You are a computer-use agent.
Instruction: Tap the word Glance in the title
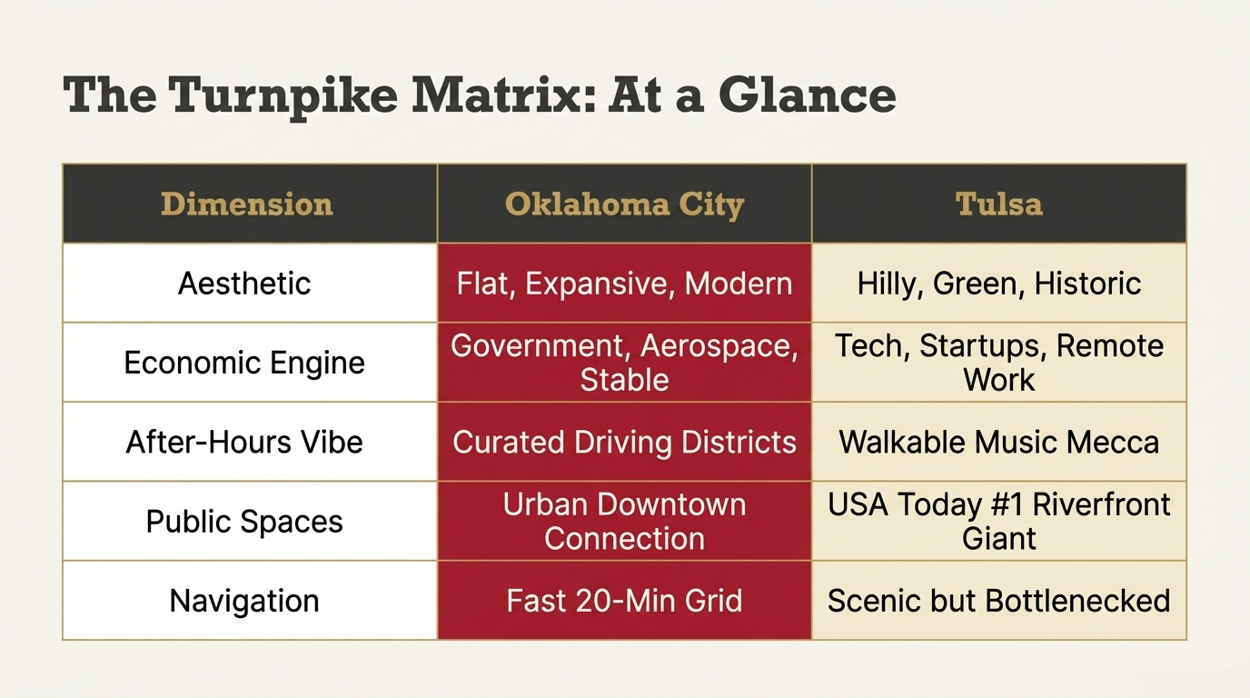(807, 94)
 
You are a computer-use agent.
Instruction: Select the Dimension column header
(247, 204)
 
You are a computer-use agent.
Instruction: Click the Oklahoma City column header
(624, 204)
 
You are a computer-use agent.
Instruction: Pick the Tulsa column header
(999, 204)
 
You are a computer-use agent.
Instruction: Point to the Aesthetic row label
(244, 284)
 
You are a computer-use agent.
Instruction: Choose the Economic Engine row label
(244, 363)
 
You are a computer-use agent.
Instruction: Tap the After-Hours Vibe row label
(244, 443)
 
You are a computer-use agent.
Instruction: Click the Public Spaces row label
(244, 522)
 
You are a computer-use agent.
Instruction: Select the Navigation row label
(244, 601)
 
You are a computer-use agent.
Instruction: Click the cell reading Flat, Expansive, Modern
(624, 284)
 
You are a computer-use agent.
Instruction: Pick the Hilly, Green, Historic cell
(999, 284)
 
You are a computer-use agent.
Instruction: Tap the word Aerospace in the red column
(719, 346)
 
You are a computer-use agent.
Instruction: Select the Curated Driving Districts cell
(624, 443)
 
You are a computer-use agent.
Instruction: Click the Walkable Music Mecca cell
(999, 443)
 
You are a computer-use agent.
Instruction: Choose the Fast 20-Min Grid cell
(624, 601)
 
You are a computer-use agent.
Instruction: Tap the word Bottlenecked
(1077, 601)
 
